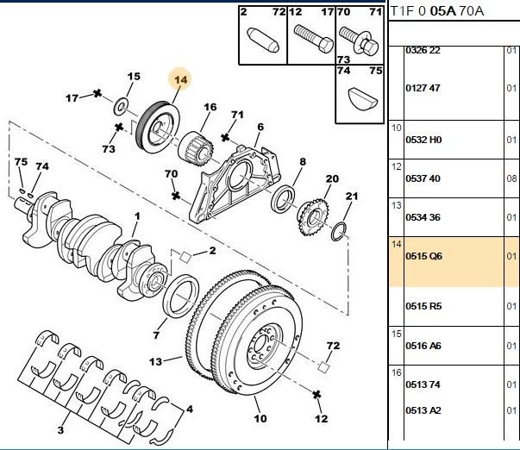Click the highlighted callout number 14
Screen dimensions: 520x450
tap(180, 80)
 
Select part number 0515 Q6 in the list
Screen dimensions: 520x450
tap(423, 256)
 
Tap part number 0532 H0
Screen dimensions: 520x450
tap(423, 140)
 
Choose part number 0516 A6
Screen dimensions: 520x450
tap(423, 346)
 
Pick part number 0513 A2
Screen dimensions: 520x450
tap(423, 410)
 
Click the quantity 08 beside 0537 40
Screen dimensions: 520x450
tap(511, 178)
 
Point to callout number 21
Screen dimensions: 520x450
tap(352, 197)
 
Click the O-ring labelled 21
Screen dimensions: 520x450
tap(339, 232)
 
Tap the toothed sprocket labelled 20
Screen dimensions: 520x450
tap(313, 217)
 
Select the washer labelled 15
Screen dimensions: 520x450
tap(121, 107)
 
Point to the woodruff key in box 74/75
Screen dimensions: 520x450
tap(363, 98)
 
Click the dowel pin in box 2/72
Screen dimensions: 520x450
tap(263, 41)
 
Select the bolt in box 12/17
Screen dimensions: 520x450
tap(313, 39)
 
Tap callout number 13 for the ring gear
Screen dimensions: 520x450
tap(155, 361)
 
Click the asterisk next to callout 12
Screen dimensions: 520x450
tap(316, 395)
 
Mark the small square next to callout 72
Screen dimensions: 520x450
tap(323, 366)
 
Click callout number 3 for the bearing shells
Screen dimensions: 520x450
tap(60, 430)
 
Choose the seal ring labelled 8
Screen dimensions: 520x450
tap(283, 200)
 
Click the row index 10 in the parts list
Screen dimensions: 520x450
tap(397, 128)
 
